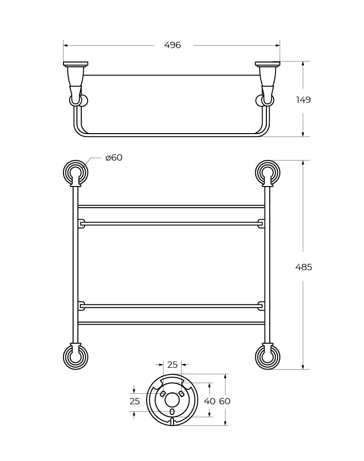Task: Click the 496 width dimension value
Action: coord(172,45)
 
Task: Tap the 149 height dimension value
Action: coord(303,100)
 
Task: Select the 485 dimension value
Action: coord(303,267)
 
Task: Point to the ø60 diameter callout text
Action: coord(114,158)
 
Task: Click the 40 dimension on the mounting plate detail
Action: coord(209,401)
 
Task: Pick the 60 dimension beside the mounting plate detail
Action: coord(225,401)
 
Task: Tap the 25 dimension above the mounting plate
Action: coord(172,364)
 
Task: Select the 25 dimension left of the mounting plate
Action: coord(135,401)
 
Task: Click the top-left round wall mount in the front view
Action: coord(75,173)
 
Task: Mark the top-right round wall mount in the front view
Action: coord(267,173)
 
